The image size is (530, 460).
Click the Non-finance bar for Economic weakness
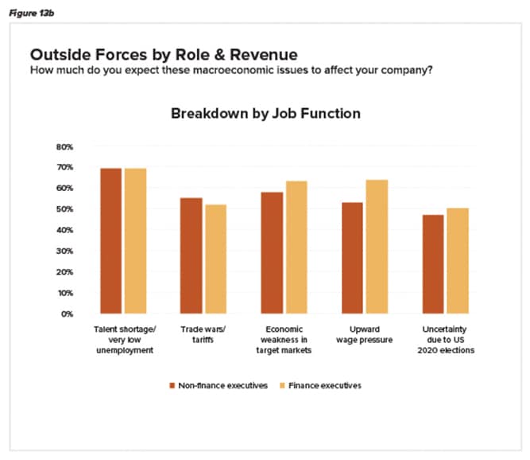coord(273,252)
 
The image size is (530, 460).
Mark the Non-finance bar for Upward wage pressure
coord(352,258)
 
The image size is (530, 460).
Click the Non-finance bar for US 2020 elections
coord(433,264)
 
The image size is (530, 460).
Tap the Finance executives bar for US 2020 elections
coord(458,260)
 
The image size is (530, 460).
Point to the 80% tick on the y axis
coord(64,147)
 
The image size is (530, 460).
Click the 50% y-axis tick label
coord(64,209)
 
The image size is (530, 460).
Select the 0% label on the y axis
coord(67,314)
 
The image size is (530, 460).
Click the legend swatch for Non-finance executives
coord(172,385)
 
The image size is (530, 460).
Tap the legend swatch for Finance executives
coord(280,385)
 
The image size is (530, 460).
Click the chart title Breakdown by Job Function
coord(265,114)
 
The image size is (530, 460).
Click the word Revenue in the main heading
coord(258,55)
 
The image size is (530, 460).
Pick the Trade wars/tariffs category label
coord(204,334)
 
